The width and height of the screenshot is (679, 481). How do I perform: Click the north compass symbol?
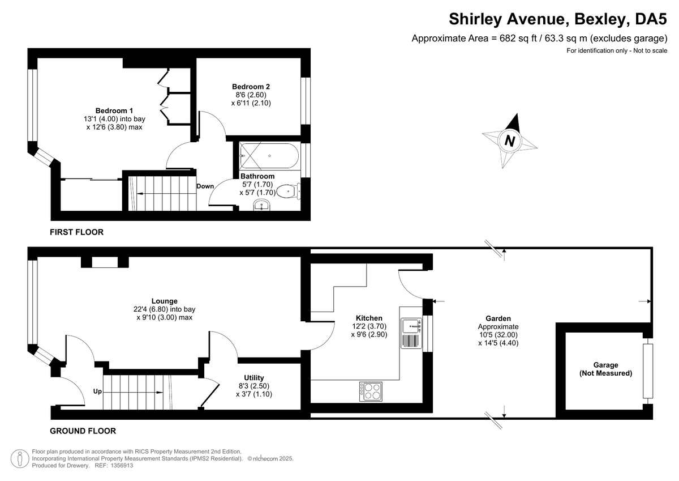point(510,141)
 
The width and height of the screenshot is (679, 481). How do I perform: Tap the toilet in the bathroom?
point(291,191)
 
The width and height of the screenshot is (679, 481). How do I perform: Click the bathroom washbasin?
point(263,205)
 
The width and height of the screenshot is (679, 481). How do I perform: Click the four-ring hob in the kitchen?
point(371,390)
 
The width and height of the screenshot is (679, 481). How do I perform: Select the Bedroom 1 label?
point(114,110)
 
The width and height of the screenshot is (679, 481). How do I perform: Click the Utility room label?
point(254,377)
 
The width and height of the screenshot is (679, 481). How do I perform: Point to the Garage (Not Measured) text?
point(606,369)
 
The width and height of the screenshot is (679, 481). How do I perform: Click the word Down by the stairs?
point(205,186)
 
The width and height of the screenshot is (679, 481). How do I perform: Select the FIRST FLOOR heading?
point(76,232)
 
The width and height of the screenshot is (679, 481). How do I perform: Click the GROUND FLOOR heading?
point(83,431)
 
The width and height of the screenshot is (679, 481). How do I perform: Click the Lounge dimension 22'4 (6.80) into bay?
point(165,309)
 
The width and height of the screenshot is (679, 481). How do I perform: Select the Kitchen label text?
point(369,318)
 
